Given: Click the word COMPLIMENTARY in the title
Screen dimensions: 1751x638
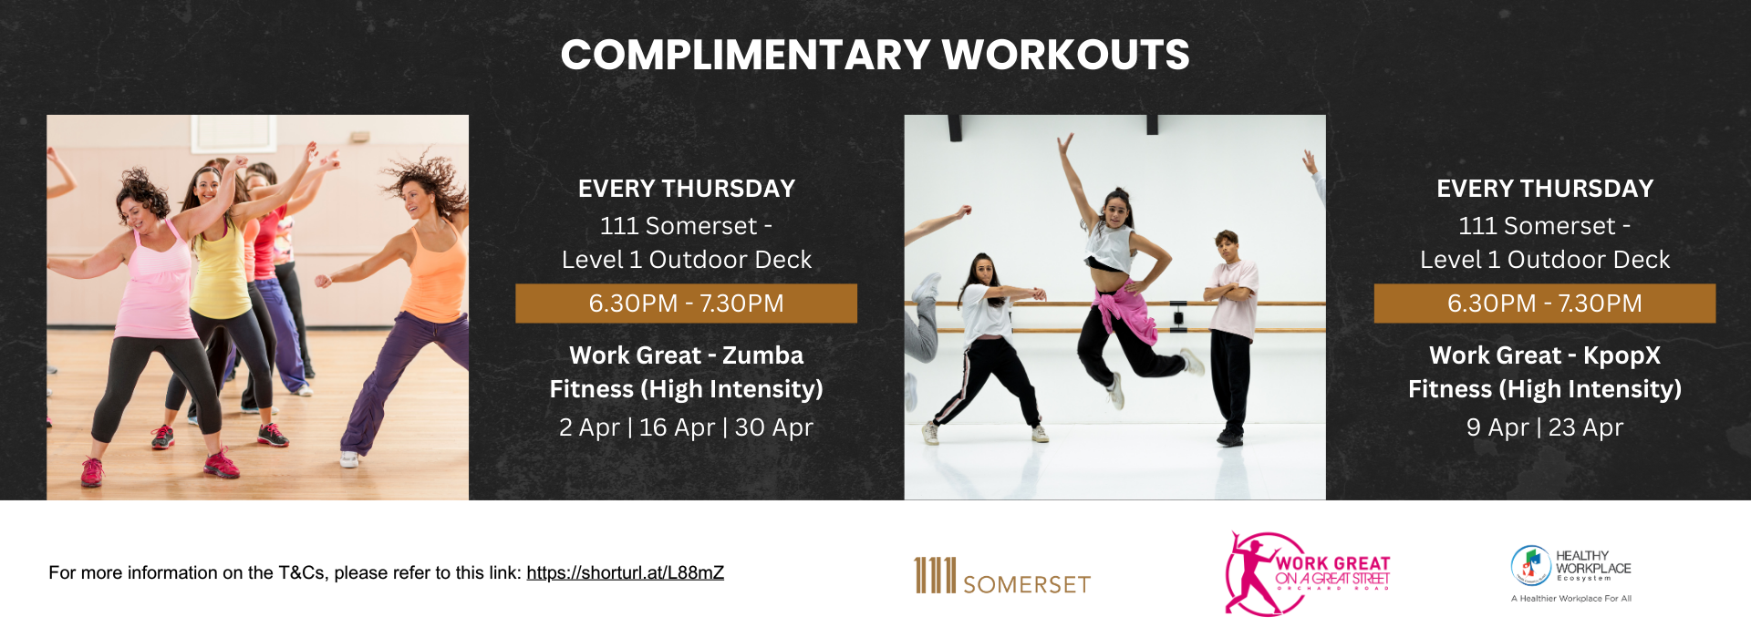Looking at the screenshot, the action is (x=745, y=55).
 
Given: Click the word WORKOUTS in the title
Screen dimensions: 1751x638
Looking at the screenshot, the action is (x=1066, y=55).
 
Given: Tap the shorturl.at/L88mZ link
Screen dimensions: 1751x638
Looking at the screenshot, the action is (x=625, y=573).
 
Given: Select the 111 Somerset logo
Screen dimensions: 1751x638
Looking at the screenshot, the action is (x=1002, y=576).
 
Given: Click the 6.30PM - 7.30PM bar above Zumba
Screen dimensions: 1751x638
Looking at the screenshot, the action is (x=686, y=304).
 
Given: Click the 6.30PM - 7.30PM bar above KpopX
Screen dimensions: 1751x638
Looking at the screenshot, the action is (x=1544, y=304).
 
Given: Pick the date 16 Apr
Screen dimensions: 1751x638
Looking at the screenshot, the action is (x=677, y=427).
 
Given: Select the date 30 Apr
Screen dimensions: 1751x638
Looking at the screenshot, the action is (x=773, y=427).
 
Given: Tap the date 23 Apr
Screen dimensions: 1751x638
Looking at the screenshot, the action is (x=1586, y=427).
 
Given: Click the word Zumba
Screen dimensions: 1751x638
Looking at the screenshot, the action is (x=763, y=355).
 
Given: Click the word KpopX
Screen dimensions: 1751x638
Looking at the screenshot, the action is (x=1622, y=355).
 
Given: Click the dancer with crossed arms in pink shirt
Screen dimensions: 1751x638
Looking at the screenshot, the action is (x=1230, y=337).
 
